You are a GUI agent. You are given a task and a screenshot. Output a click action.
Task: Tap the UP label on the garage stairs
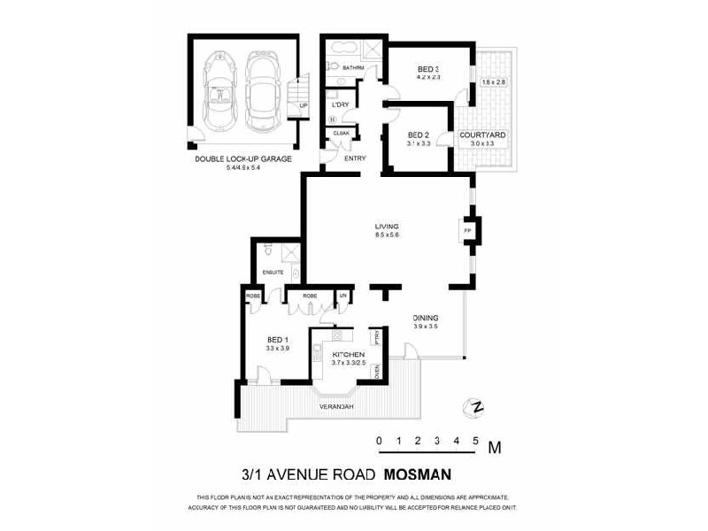tap(303, 106)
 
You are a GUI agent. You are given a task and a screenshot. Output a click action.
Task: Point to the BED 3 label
tap(427, 67)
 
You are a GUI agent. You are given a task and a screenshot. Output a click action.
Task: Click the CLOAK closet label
tap(339, 133)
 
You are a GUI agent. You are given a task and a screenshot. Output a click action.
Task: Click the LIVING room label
tap(387, 227)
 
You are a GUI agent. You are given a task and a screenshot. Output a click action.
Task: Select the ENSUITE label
tap(273, 272)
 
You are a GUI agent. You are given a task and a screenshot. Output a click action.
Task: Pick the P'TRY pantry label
tap(376, 336)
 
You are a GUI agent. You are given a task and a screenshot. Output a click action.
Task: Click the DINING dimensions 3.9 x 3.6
tap(426, 327)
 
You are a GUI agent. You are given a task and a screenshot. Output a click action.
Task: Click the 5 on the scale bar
tap(476, 440)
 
